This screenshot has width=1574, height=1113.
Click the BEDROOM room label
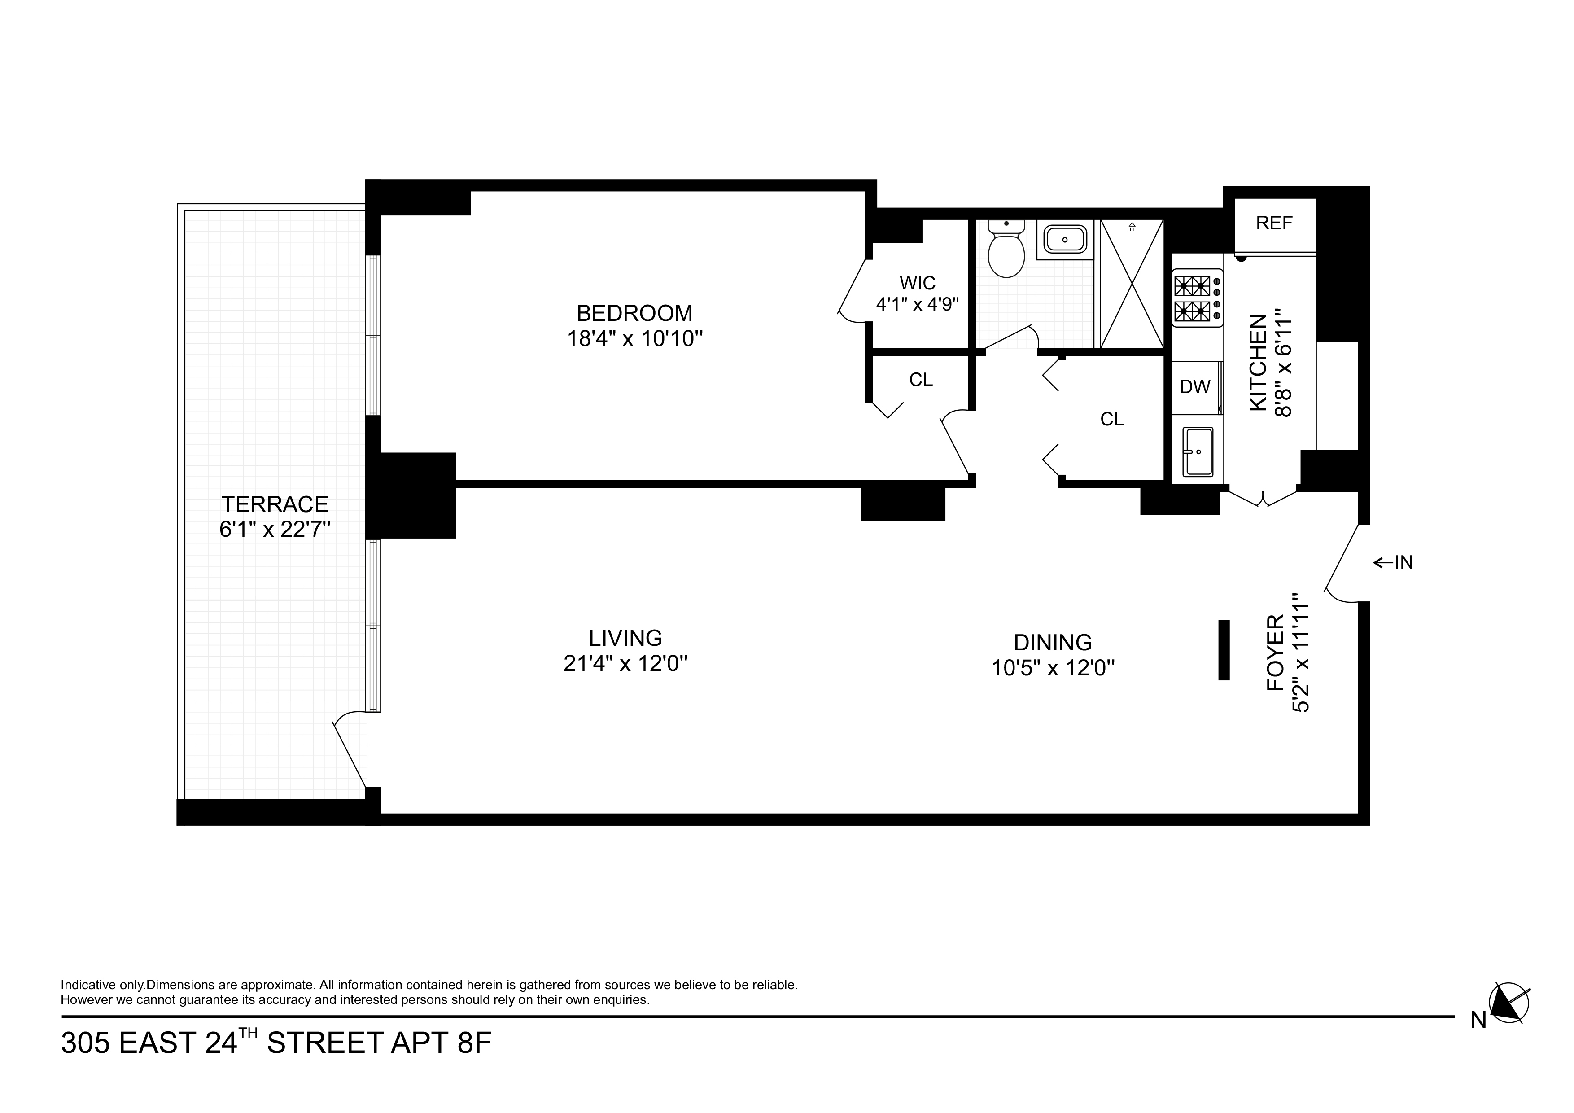click(x=634, y=313)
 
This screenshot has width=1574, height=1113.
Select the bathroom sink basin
click(x=1065, y=239)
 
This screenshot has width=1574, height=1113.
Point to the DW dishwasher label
click(x=1194, y=387)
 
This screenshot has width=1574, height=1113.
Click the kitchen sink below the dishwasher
click(x=1198, y=452)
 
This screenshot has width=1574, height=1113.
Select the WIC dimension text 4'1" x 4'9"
click(x=917, y=304)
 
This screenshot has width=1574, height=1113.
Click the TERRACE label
click(x=275, y=505)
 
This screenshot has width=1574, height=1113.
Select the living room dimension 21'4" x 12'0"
click(x=625, y=664)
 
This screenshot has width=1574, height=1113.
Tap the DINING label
click(x=1052, y=643)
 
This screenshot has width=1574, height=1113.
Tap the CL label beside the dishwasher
click(x=1112, y=419)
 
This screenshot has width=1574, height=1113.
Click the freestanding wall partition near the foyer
click(x=1224, y=650)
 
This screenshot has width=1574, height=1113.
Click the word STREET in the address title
click(x=324, y=1043)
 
